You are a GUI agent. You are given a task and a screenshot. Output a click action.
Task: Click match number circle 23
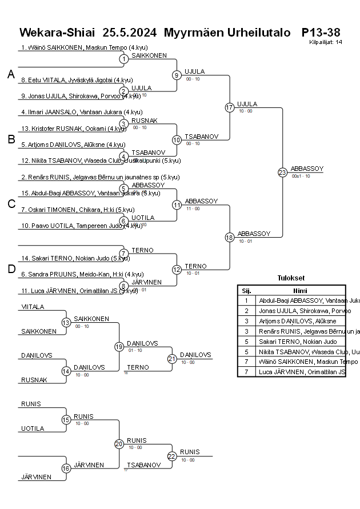[x=282, y=173]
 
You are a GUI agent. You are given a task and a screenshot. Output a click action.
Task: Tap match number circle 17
[x=230, y=107]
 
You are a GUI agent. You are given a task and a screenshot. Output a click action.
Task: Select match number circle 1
[x=123, y=59]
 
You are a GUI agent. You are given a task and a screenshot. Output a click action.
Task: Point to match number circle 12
[x=177, y=270]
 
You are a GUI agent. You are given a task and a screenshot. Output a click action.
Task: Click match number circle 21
[x=172, y=359]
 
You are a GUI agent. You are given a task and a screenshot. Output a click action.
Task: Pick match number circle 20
[x=119, y=444]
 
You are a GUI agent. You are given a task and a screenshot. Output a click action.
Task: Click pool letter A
[x=11, y=74]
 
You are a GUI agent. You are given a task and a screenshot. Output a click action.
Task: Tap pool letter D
[x=11, y=270]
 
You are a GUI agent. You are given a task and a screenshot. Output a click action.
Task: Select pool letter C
[x=11, y=205]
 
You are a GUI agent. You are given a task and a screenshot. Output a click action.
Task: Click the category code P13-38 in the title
[x=321, y=32]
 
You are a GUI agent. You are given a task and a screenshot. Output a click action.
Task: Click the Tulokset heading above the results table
[x=291, y=279]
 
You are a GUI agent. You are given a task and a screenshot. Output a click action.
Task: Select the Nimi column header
[x=299, y=290]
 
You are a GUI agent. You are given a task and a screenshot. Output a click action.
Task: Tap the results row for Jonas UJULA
[x=291, y=311]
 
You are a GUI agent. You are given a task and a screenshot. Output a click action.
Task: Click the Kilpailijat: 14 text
[x=326, y=42]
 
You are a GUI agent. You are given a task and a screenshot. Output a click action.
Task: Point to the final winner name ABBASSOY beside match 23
[x=307, y=169]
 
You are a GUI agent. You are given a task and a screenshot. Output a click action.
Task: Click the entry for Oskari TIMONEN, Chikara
[x=78, y=210]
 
